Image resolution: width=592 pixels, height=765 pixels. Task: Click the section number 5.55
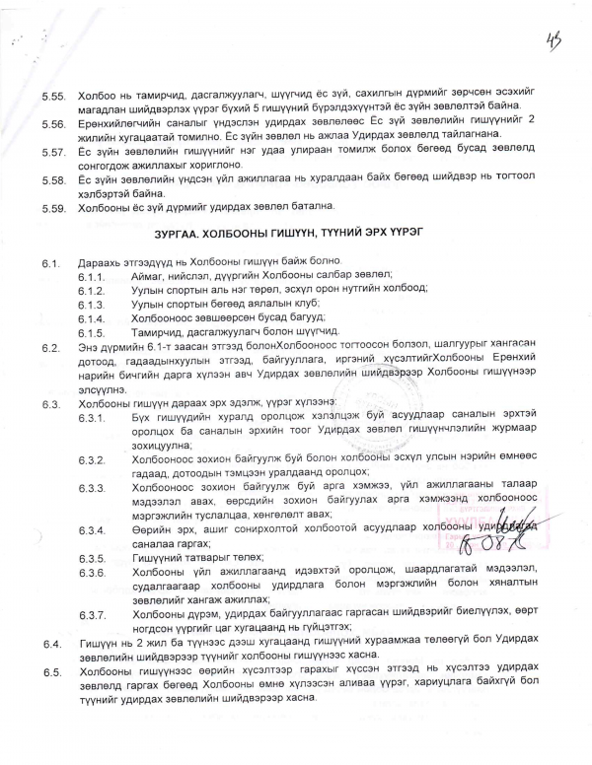[x=51, y=99]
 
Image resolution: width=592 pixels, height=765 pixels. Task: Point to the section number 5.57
[x=51, y=152]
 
